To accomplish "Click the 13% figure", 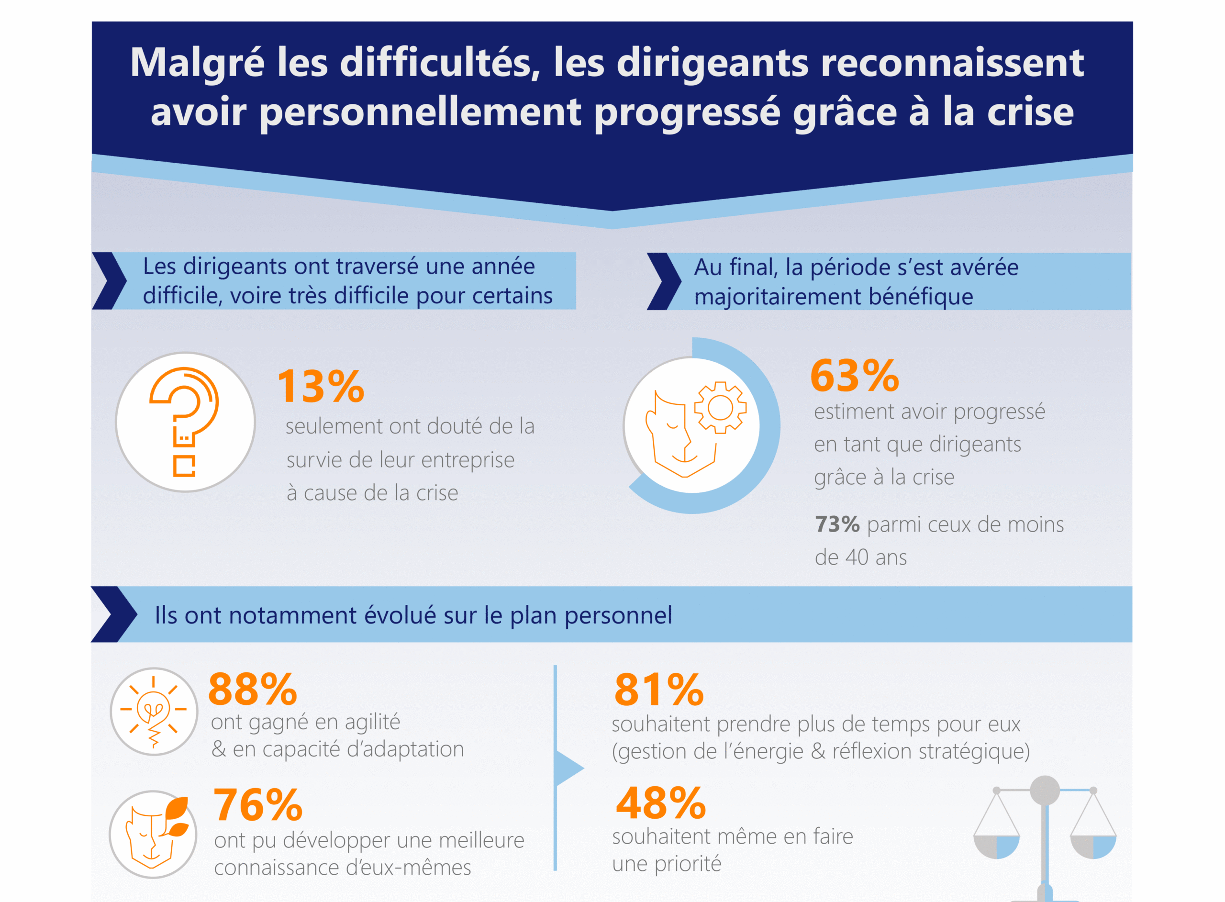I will pyautogui.click(x=321, y=386).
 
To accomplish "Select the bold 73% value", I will pyautogui.click(x=837, y=524).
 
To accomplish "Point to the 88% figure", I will pyautogui.click(x=252, y=689).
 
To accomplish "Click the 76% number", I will pyautogui.click(x=257, y=805).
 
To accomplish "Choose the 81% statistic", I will pyautogui.click(x=659, y=690).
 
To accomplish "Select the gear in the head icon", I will pyautogui.click(x=720, y=407).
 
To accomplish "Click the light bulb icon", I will pyautogui.click(x=154, y=712).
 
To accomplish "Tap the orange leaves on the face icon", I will pyautogui.click(x=176, y=817).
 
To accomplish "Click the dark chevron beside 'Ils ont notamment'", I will pyautogui.click(x=113, y=614).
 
